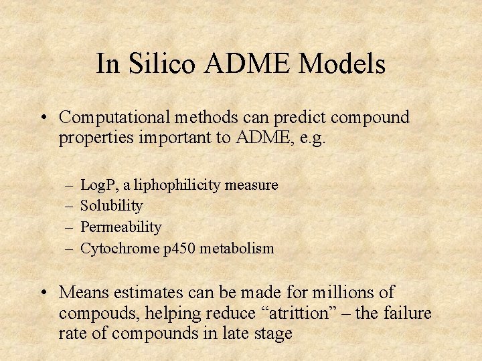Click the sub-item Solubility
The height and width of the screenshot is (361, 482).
(x=111, y=206)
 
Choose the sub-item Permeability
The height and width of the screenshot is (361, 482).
(x=120, y=227)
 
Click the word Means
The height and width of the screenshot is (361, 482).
(x=84, y=292)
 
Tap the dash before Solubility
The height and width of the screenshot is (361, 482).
(x=70, y=206)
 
